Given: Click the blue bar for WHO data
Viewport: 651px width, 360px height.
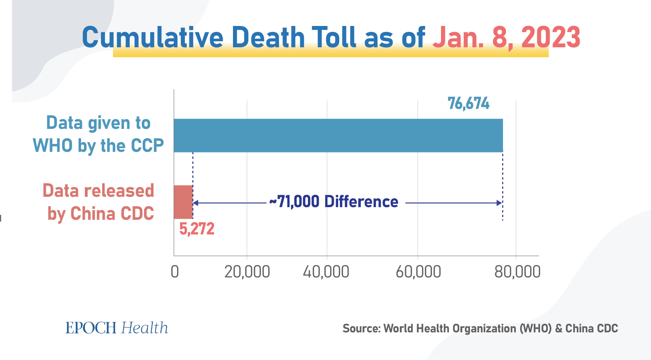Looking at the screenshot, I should tap(338, 136).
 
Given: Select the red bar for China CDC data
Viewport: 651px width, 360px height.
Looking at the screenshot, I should tap(183, 202).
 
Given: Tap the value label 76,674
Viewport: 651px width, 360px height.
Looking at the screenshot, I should tap(468, 104).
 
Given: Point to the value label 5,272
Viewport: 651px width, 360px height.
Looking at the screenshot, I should tap(197, 229).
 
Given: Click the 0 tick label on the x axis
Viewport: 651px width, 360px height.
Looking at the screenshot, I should tap(175, 272).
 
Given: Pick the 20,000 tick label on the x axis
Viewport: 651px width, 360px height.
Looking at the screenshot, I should tap(247, 272).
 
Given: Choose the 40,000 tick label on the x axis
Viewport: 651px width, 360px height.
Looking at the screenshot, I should tap(326, 272).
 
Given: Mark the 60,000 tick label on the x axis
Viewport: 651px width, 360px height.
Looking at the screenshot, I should tap(418, 272).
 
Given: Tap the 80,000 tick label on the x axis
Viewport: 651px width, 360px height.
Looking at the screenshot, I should tap(517, 272).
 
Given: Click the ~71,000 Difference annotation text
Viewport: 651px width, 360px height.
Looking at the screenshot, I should tap(334, 202).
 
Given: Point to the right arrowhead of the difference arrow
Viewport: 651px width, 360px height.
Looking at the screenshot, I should tap(499, 203).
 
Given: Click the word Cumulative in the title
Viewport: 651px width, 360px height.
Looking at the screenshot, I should tap(152, 37).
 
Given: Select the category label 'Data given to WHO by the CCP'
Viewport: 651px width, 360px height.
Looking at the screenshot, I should tap(98, 134).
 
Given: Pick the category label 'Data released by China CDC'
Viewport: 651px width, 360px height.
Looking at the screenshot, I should tap(99, 202).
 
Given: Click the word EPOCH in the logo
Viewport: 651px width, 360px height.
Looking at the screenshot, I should tap(91, 328).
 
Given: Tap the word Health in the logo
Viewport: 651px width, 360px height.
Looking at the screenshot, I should tap(144, 328).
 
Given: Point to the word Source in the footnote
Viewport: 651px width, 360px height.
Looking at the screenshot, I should tap(361, 329).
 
